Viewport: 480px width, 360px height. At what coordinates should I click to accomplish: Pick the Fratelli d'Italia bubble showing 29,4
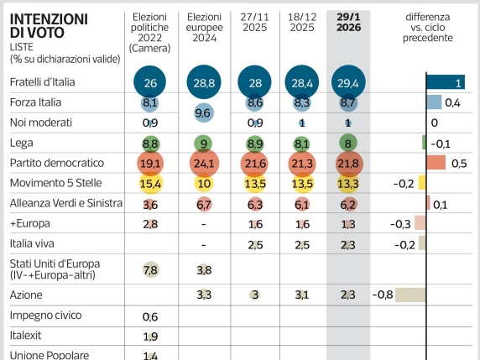pyautogui.click(x=347, y=82)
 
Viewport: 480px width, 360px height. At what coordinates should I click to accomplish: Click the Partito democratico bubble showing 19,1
pyautogui.click(x=151, y=163)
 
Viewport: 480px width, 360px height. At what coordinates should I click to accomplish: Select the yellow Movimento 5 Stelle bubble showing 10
pyautogui.click(x=204, y=183)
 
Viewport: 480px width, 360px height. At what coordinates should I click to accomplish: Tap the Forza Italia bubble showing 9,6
pyautogui.click(x=204, y=112)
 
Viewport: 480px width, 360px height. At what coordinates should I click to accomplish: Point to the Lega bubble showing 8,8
pyautogui.click(x=151, y=143)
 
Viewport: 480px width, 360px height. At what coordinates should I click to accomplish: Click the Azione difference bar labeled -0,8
pyautogui.click(x=410, y=295)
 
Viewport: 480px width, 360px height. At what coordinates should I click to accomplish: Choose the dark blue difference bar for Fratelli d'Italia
pyautogui.click(x=446, y=82)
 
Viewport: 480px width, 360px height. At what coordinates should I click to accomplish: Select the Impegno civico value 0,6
pyautogui.click(x=151, y=316)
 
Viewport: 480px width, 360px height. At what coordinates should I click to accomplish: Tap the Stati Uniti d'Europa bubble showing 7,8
pyautogui.click(x=151, y=269)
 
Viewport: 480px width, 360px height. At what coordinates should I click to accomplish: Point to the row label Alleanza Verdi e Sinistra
pyautogui.click(x=66, y=203)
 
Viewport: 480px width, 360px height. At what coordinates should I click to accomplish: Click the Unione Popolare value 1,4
pyautogui.click(x=151, y=355)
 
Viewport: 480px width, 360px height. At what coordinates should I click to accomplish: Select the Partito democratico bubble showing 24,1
pyautogui.click(x=204, y=163)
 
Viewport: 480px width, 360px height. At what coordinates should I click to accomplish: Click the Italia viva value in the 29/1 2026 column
pyautogui.click(x=347, y=244)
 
